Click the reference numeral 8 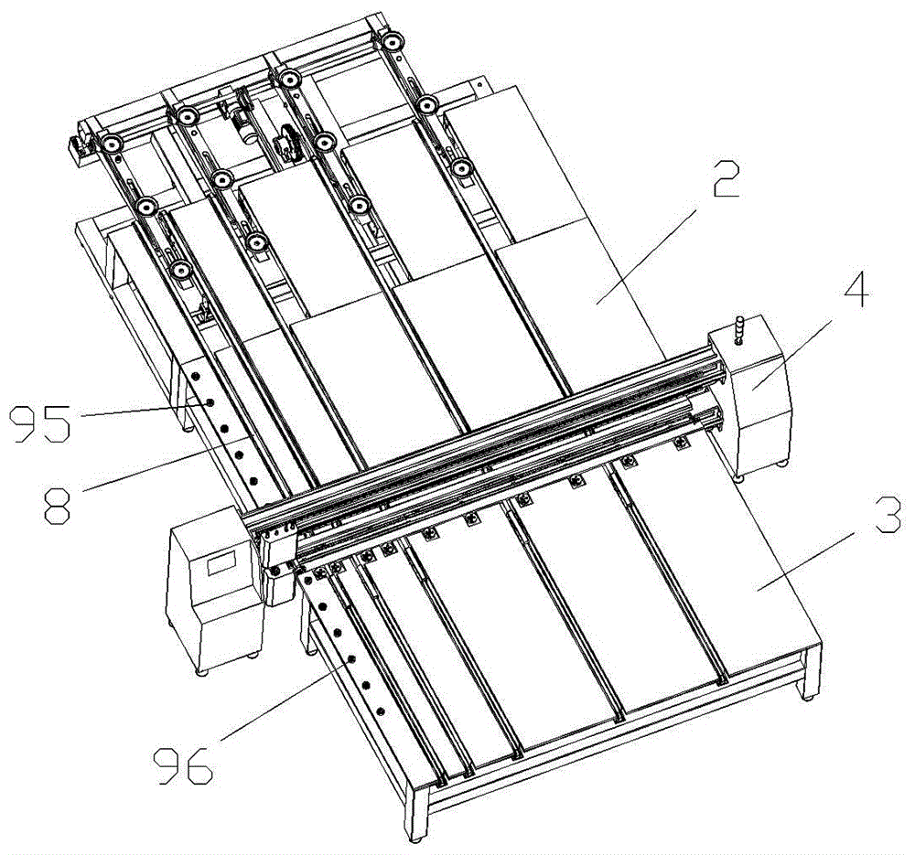(58, 505)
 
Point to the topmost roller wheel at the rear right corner (392, 42)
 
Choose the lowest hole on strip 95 (253, 481)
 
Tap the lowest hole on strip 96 (380, 711)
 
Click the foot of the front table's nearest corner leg (415, 839)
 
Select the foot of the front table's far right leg (809, 697)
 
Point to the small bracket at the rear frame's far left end (76, 148)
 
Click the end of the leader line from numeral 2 (597, 304)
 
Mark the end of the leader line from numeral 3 (758, 590)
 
